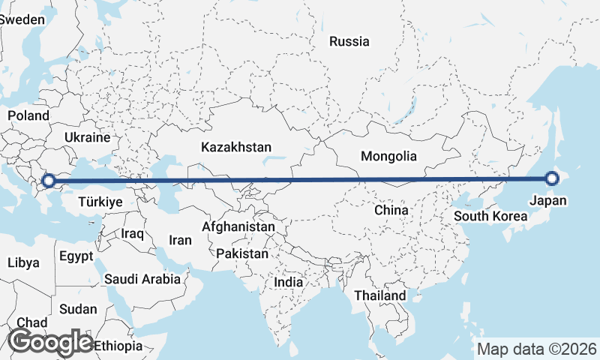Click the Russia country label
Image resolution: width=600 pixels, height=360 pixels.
(349, 41)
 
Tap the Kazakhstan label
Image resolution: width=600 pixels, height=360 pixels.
(236, 148)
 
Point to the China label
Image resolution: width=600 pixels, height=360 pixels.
(391, 210)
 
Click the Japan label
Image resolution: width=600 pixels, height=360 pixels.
(548, 200)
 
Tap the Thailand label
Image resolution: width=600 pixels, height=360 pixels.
(381, 295)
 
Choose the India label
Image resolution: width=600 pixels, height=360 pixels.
(289, 283)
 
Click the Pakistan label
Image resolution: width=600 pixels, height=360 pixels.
(242, 254)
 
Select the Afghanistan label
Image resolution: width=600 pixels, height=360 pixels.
(239, 226)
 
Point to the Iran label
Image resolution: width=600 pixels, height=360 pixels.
(181, 241)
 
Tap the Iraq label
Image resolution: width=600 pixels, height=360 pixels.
(132, 234)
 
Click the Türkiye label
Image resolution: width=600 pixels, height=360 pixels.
(100, 202)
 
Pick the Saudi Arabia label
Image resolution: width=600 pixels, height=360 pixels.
(142, 279)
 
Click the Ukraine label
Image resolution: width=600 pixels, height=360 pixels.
(88, 138)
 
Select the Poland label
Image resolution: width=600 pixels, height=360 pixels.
(28, 115)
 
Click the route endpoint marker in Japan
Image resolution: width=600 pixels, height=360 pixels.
(553, 178)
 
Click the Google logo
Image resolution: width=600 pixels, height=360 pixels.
(50, 342)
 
